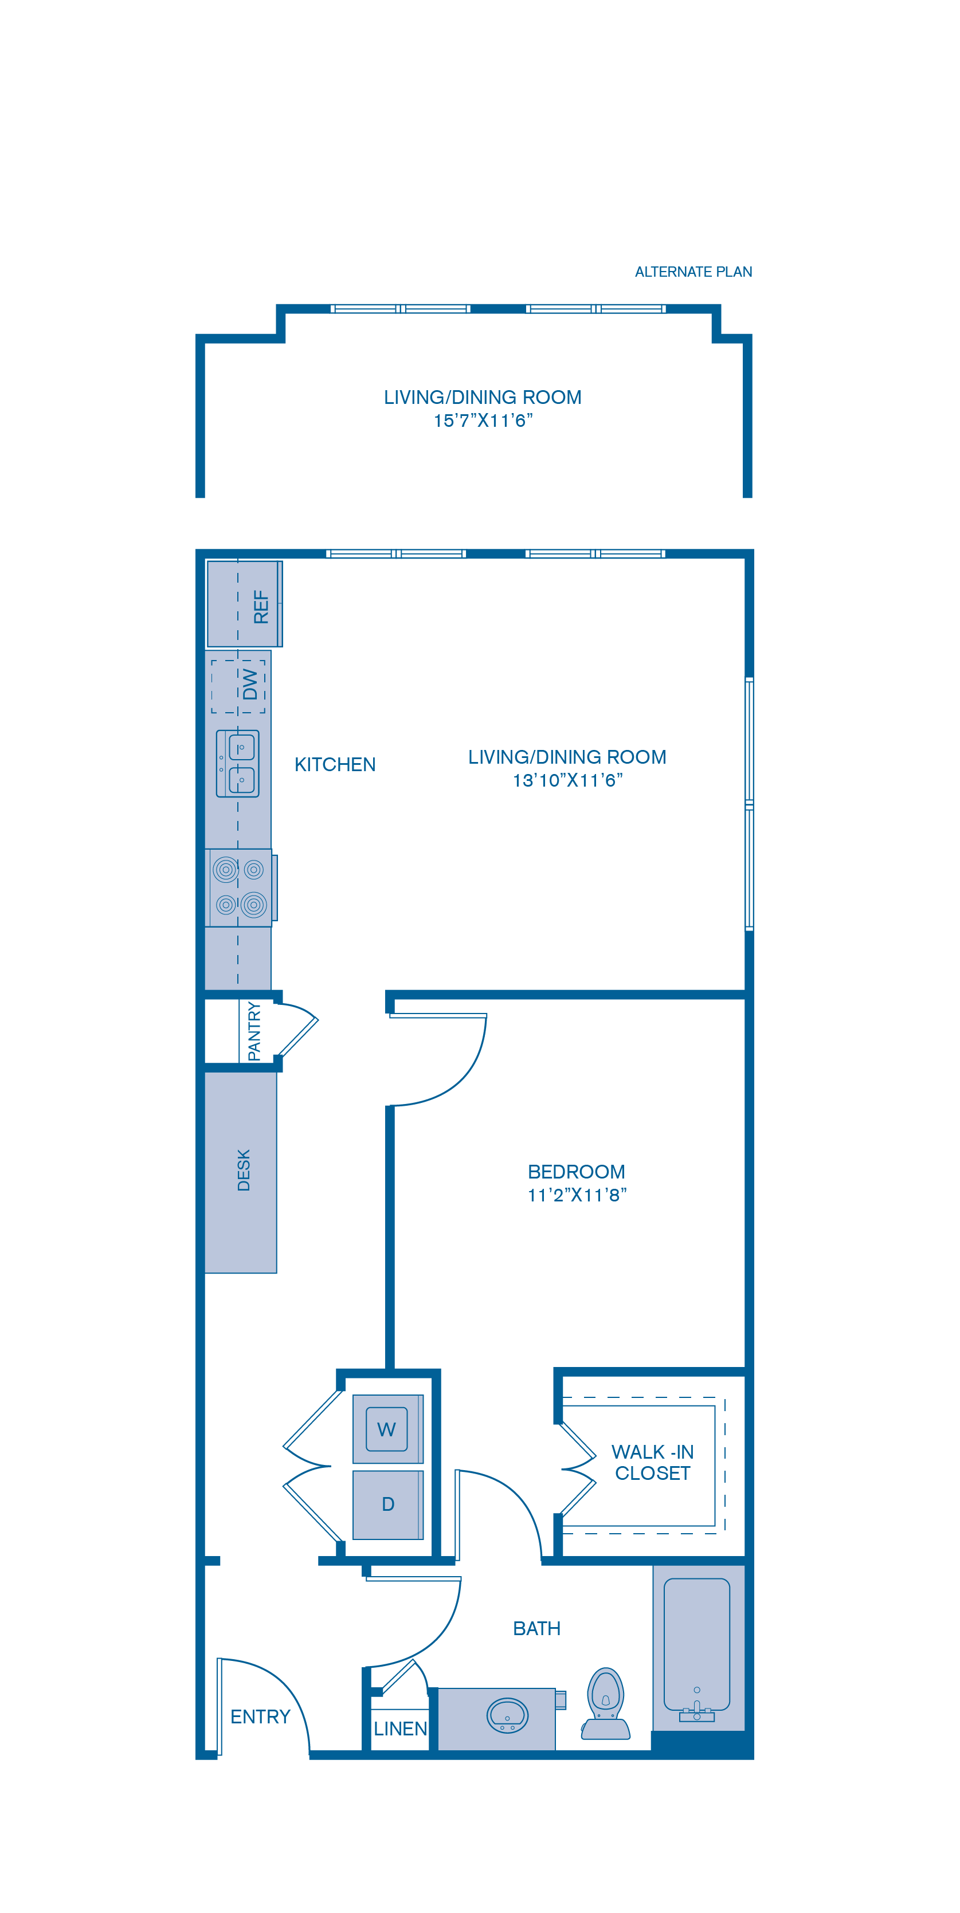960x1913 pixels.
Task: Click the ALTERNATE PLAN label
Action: [693, 272]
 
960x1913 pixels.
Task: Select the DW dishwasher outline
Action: [238, 686]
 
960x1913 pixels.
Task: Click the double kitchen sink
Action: [238, 763]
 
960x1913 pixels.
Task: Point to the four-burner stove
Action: [238, 887]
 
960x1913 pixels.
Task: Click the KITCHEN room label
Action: [335, 765]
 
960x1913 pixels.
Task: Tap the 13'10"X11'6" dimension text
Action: [567, 780]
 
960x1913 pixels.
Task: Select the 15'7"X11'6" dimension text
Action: [483, 421]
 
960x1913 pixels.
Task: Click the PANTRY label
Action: [254, 1031]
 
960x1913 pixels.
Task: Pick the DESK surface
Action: [241, 1172]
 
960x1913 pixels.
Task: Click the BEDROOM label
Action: [577, 1172]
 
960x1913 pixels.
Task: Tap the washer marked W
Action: [387, 1429]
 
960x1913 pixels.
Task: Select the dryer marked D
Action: [387, 1505]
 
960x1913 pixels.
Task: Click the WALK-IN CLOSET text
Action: [652, 1462]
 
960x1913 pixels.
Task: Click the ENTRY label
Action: [260, 1716]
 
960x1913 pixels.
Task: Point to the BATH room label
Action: [536, 1629]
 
